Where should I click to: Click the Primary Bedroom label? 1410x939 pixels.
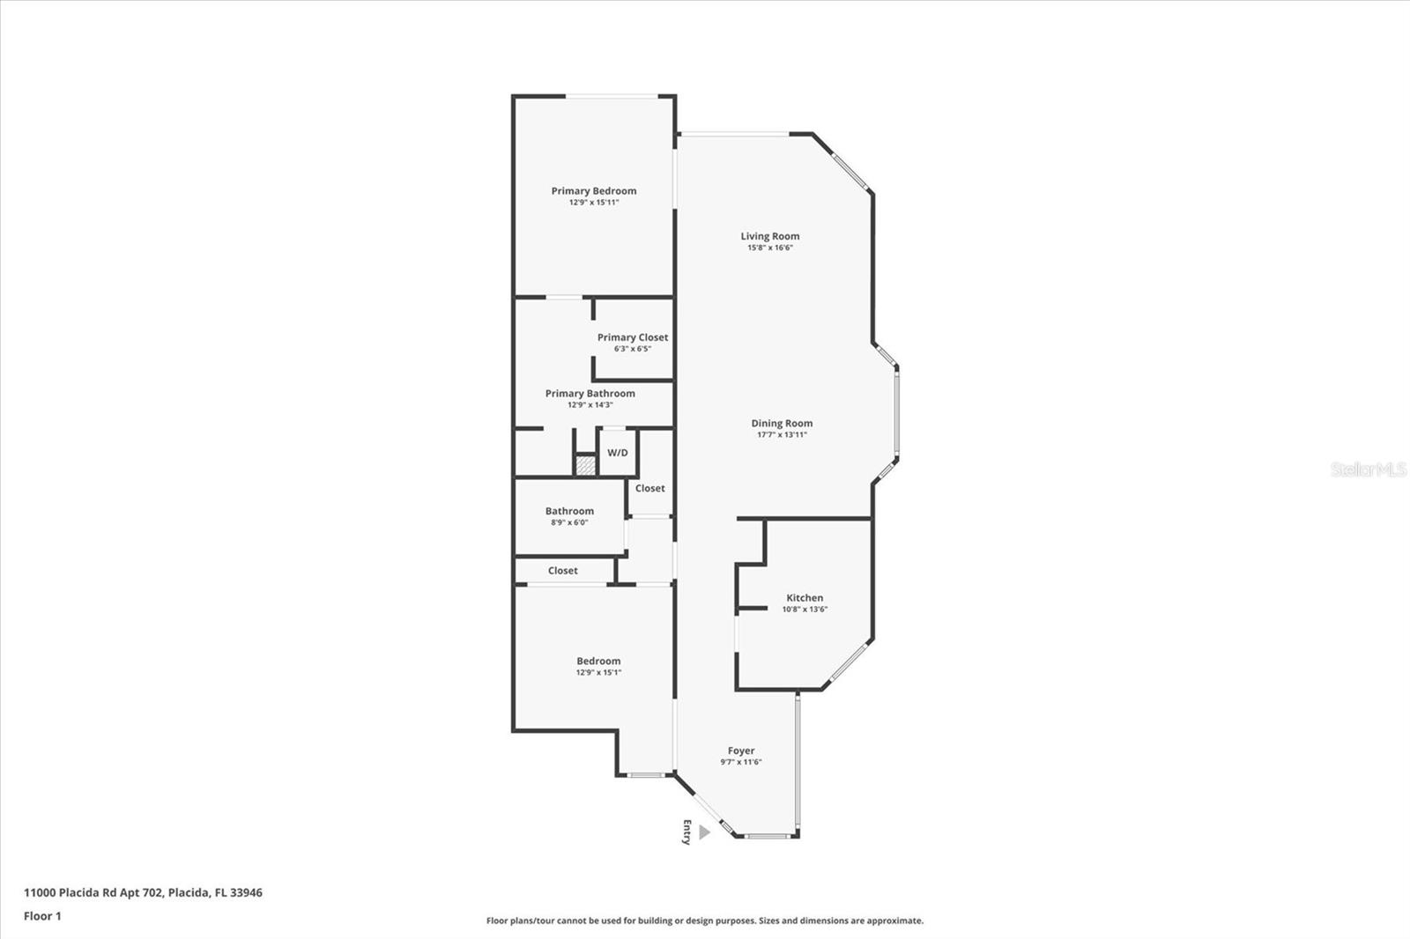pyautogui.click(x=593, y=191)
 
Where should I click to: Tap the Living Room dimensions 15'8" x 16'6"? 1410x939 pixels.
pyautogui.click(x=769, y=248)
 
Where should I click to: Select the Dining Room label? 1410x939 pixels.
pyautogui.click(x=782, y=424)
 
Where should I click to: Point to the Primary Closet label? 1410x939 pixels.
pyautogui.click(x=632, y=337)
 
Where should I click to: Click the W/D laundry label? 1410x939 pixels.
pyautogui.click(x=618, y=453)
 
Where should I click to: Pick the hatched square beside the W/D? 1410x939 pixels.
pyautogui.click(x=585, y=465)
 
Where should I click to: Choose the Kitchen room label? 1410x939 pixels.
pyautogui.click(x=805, y=598)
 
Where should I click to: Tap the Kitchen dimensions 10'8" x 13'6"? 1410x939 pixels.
pyautogui.click(x=805, y=610)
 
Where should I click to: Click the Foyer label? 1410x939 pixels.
pyautogui.click(x=740, y=751)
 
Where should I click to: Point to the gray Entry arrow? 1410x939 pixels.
pyautogui.click(x=704, y=832)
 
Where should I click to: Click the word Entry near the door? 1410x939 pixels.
pyautogui.click(x=687, y=832)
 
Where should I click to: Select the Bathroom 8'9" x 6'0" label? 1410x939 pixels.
pyautogui.click(x=569, y=512)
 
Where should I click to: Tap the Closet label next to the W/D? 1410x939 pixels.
pyautogui.click(x=650, y=489)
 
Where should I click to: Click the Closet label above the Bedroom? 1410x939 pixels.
pyautogui.click(x=563, y=571)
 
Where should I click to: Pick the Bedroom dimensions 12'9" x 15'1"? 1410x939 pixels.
pyautogui.click(x=598, y=673)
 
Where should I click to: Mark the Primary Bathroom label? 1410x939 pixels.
pyautogui.click(x=590, y=394)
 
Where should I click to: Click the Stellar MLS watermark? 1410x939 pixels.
pyautogui.click(x=1368, y=469)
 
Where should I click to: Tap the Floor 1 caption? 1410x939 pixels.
pyautogui.click(x=42, y=916)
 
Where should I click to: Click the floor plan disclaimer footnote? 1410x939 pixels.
pyautogui.click(x=705, y=921)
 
